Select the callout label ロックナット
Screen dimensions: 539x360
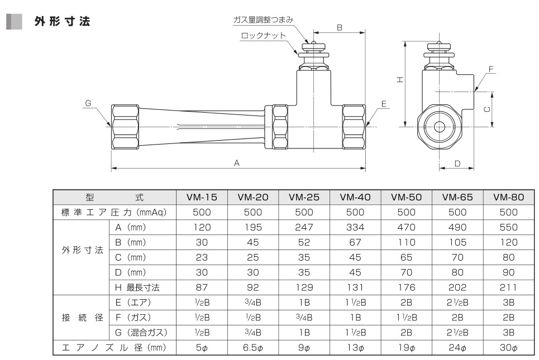click(x=264, y=35)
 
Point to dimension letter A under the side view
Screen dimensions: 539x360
click(x=236, y=163)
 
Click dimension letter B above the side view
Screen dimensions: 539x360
click(x=339, y=26)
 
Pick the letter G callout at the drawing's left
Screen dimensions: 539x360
click(x=88, y=103)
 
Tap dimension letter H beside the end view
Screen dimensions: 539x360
click(x=400, y=80)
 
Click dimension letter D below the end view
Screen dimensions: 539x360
click(x=456, y=164)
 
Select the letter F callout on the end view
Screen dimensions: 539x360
click(x=491, y=69)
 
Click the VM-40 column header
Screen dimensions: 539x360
click(x=355, y=197)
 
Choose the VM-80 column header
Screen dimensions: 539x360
click(x=509, y=197)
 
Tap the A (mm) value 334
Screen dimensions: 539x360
click(x=355, y=228)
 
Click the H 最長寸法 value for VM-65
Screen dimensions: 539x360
click(x=457, y=288)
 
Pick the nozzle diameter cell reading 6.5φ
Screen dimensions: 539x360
click(x=252, y=348)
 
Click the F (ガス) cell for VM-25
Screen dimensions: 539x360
click(x=304, y=318)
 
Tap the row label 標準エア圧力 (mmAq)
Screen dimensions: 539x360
click(x=114, y=212)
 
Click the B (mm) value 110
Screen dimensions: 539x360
click(x=406, y=243)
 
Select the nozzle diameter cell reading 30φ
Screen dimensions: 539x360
click(x=509, y=348)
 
